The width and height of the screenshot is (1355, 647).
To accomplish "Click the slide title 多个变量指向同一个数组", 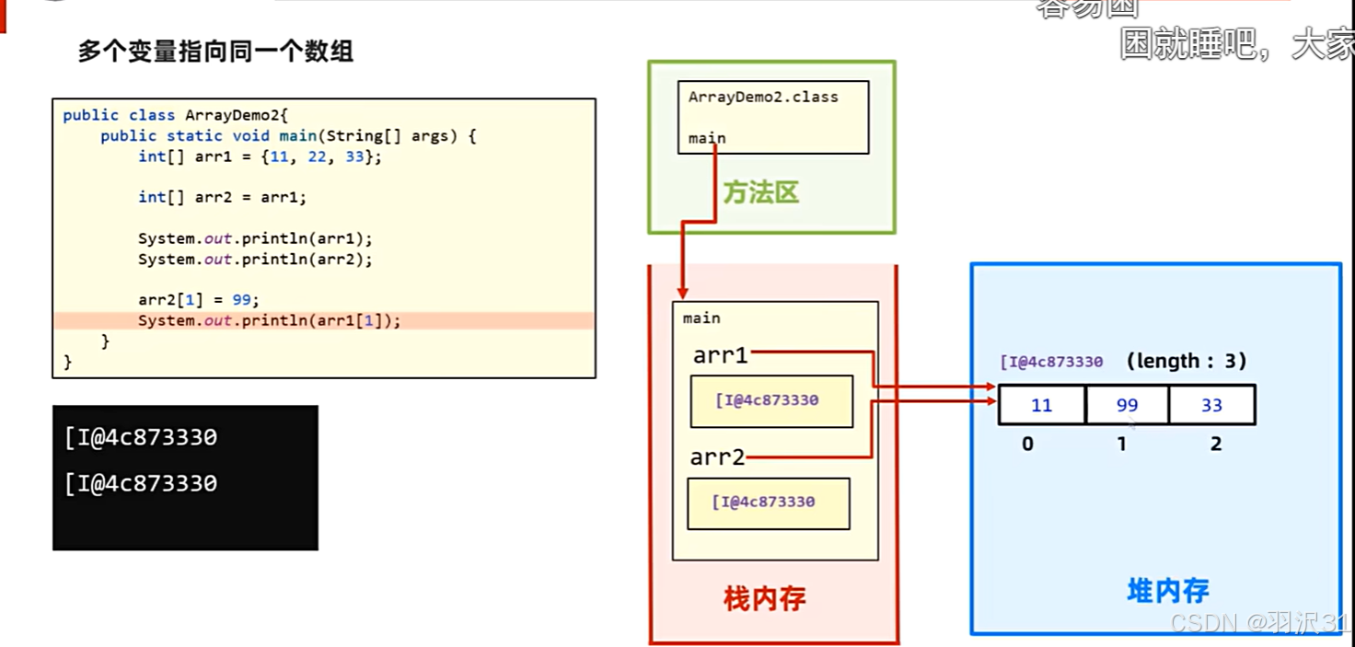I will (x=215, y=52).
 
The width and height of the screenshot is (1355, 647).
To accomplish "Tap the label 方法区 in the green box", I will (x=760, y=192).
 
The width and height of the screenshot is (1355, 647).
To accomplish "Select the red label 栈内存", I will (x=764, y=599).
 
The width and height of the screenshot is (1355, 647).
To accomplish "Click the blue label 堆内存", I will (x=1167, y=591).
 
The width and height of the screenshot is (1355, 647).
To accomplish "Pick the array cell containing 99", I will (x=1127, y=405).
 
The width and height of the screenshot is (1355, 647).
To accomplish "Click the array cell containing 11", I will (x=1041, y=405).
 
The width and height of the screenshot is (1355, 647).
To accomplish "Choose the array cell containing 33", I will (x=1211, y=405).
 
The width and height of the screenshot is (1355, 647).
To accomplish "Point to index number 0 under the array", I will (x=1027, y=444).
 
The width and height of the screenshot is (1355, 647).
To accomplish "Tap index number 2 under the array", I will (x=1216, y=444).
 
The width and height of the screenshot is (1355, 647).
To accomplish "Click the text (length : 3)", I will (x=1187, y=362).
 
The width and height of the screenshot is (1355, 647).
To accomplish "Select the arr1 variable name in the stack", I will (x=720, y=355).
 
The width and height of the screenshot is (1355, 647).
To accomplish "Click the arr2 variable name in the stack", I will (x=717, y=456).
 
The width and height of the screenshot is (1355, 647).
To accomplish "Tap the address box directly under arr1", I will (x=771, y=400).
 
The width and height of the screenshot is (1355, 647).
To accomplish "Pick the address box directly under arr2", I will (x=768, y=503).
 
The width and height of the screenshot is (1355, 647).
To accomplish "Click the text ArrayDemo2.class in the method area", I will (x=763, y=97).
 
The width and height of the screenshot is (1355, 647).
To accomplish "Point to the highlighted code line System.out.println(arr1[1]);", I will (x=270, y=320).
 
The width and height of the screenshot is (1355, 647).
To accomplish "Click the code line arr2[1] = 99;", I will (x=199, y=300).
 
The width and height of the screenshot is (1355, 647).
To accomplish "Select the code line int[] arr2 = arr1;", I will (x=222, y=197).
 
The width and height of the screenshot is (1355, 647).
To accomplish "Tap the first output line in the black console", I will (x=141, y=437).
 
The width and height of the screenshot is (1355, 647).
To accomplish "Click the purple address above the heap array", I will (x=1051, y=362).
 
